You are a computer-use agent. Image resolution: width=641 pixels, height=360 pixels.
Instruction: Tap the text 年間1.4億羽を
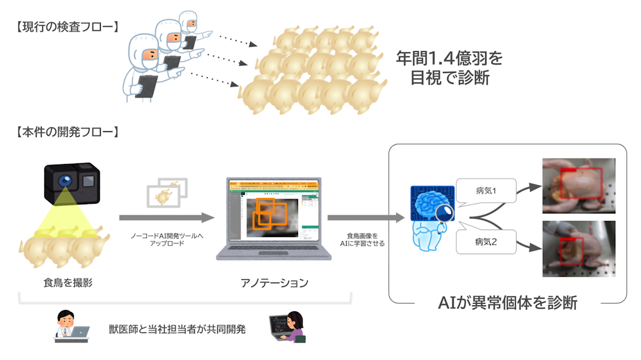(449, 58)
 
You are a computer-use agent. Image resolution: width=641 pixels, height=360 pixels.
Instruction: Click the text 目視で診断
(448, 80)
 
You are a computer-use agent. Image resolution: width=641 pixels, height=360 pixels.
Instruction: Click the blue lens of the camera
(65, 182)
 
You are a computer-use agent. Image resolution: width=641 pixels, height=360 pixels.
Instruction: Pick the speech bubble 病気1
(486, 191)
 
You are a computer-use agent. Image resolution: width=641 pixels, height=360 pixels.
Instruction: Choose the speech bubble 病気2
(486, 242)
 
